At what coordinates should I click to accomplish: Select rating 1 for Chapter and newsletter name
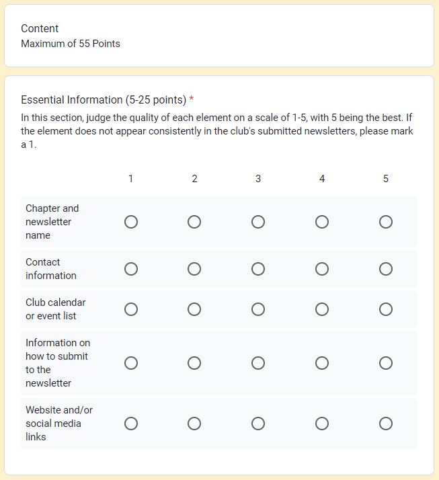[131, 222]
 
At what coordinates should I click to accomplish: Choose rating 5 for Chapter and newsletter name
[386, 222]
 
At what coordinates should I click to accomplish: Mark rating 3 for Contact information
[258, 269]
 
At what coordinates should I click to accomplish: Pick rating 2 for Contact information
[194, 269]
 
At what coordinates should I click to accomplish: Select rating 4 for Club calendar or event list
[322, 309]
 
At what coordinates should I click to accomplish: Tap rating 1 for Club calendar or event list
[131, 309]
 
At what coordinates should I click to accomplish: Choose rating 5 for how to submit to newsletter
[386, 363]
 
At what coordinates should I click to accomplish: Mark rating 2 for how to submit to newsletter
[194, 363]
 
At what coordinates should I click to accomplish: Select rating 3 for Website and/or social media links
[258, 424]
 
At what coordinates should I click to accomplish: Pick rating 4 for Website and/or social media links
[322, 424]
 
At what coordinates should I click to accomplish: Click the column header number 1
[130, 179]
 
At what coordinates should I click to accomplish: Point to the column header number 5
[386, 179]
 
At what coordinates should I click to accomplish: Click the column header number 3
[258, 179]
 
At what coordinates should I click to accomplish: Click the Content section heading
[40, 28]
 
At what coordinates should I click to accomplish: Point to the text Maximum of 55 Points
[71, 44]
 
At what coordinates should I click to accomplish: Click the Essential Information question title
[104, 100]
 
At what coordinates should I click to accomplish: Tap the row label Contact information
[51, 269]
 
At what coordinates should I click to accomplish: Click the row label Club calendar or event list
[56, 309]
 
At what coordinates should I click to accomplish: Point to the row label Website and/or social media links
[59, 424]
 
